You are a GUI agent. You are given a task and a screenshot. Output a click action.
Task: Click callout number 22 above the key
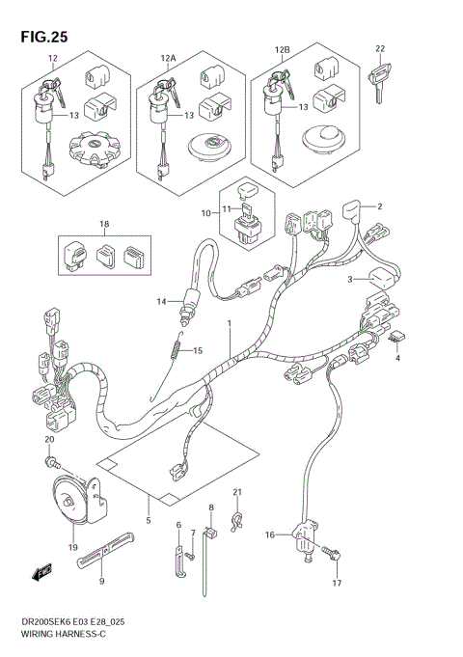380,48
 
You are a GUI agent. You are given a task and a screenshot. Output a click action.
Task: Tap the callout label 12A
169,59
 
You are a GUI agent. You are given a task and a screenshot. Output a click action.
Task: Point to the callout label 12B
282,47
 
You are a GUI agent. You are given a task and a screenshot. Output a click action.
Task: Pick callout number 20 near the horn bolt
49,440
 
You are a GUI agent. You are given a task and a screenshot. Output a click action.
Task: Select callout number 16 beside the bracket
270,534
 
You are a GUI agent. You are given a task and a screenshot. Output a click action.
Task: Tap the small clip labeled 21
236,521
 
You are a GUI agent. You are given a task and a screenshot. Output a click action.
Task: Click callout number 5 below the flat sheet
148,522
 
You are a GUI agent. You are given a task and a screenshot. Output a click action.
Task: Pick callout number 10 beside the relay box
205,212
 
